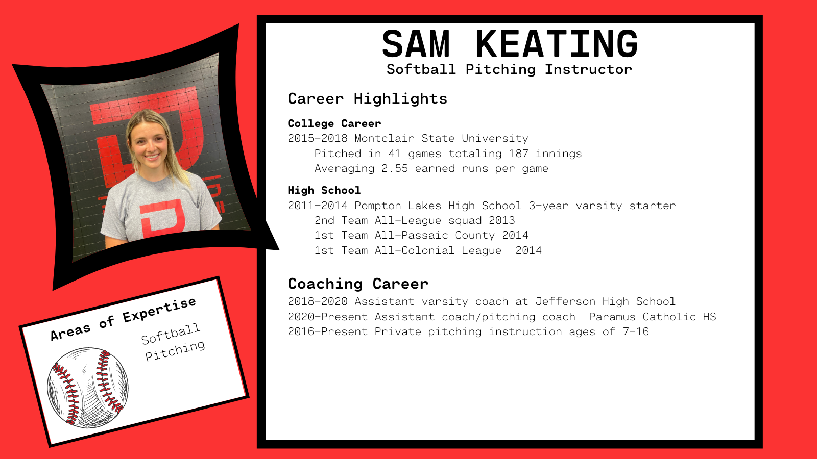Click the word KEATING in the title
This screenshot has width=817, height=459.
(557, 44)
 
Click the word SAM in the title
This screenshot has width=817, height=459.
(416, 44)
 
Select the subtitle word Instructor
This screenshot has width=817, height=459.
(588, 69)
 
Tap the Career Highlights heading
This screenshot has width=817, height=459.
(367, 98)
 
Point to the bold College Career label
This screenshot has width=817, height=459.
(334, 123)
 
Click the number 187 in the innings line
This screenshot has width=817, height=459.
(518, 154)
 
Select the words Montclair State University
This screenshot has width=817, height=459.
(441, 138)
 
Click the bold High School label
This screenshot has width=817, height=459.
(324, 190)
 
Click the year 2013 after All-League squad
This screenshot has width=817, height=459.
(501, 220)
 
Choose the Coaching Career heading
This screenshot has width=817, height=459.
(358, 284)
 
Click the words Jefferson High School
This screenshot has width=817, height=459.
(605, 301)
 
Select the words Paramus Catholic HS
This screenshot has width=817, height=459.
(652, 317)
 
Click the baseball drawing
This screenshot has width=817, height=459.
(87, 388)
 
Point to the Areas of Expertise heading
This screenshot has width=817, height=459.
(123, 319)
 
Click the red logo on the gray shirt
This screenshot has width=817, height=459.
(162, 217)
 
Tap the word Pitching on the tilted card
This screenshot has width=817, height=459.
(175, 350)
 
